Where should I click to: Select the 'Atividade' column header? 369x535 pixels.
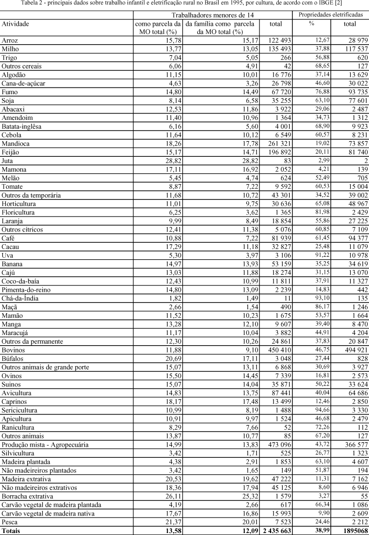pos(16,23)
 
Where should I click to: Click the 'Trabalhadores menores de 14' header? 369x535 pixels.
pos(212,16)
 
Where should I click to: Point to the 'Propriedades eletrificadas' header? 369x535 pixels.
pos(331,15)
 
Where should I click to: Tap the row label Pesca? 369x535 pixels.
pos(10,521)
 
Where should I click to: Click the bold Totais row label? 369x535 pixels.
pos(11,530)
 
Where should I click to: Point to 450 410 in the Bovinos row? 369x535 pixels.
pos(276,350)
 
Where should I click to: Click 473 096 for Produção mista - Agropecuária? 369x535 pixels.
pos(276,443)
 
